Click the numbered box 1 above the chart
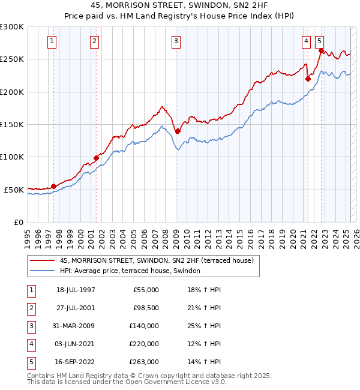52,41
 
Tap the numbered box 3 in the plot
176,41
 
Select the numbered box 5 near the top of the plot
320,41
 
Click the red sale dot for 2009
178,131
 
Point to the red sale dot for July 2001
96,158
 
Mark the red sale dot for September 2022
321,51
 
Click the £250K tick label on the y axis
11,59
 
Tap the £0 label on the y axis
17,222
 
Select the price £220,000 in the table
144,344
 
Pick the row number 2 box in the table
30,308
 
